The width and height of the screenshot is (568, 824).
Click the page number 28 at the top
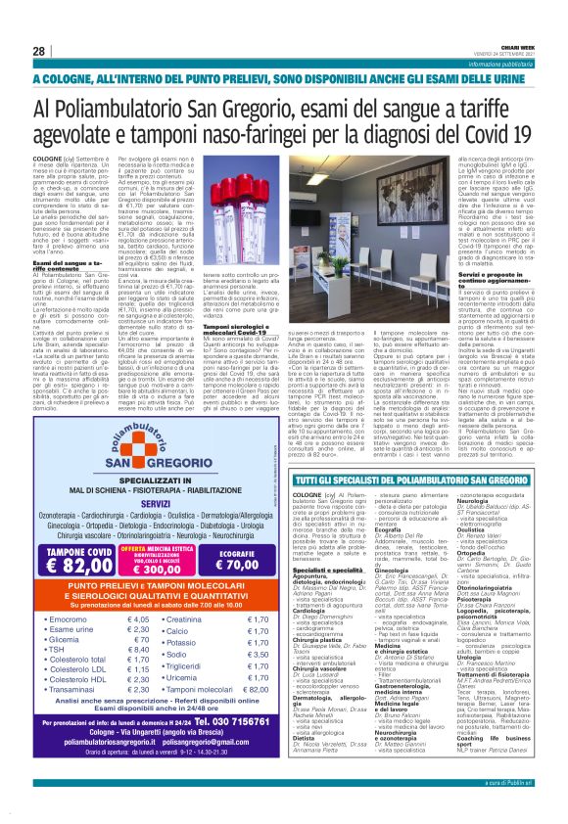pyautogui.click(x=38, y=51)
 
